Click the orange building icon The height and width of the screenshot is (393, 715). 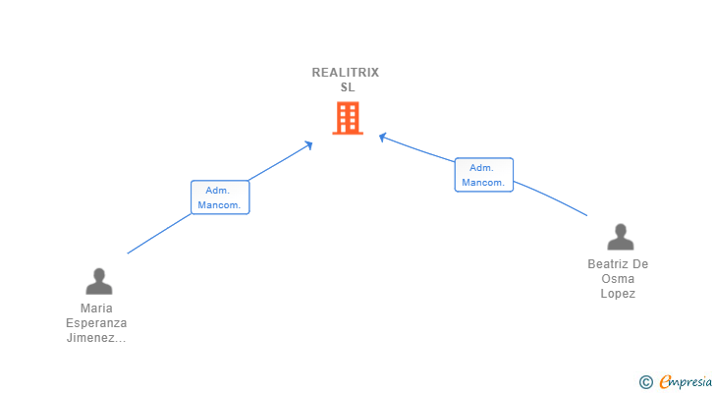[x=347, y=119]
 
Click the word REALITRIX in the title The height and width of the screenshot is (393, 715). [x=346, y=72]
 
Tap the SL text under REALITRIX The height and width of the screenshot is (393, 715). [x=347, y=86]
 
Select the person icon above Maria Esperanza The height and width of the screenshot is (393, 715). [x=98, y=282]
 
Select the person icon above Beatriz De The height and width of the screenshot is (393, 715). [x=620, y=238]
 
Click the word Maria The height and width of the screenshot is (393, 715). [x=96, y=308]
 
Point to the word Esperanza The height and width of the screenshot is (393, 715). [x=96, y=322]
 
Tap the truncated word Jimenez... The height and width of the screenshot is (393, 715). [x=96, y=338]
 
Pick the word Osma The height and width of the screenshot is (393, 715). [x=618, y=279]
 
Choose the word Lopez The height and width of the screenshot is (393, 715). [x=618, y=294]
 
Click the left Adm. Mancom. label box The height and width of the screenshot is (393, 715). [x=220, y=197]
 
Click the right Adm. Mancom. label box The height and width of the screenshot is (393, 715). [x=483, y=175]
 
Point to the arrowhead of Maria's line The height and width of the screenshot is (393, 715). [x=309, y=144]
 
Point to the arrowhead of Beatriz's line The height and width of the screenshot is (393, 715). [x=383, y=136]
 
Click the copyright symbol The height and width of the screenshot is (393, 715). [x=645, y=381]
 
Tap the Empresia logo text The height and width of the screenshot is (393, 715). [x=685, y=381]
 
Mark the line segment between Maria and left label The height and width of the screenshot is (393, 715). [x=159, y=234]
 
